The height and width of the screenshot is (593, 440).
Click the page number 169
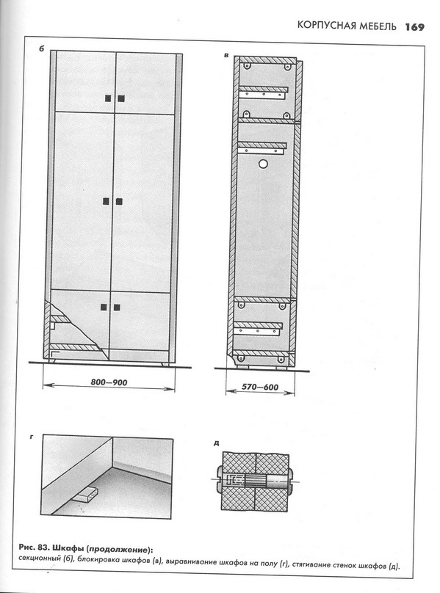[414, 27]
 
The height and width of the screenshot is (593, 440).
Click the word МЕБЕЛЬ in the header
[378, 26]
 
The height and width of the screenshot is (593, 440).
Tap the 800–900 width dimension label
[109, 382]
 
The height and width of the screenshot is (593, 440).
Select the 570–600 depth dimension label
[260, 387]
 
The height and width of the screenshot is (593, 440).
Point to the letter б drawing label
[41, 48]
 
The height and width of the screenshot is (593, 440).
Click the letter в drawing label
[226, 56]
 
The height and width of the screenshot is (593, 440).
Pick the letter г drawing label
[32, 437]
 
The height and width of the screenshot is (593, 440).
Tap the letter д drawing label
[216, 443]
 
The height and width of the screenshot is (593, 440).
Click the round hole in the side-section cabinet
[263, 164]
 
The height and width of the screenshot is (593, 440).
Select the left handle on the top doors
[108, 98]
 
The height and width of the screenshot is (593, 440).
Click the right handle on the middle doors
[119, 202]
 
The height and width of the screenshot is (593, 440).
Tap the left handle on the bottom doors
[104, 307]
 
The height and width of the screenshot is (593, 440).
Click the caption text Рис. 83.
[33, 548]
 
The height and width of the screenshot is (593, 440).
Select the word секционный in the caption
[40, 559]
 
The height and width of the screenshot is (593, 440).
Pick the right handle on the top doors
[121, 98]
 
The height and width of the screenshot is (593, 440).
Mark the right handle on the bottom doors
[117, 308]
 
